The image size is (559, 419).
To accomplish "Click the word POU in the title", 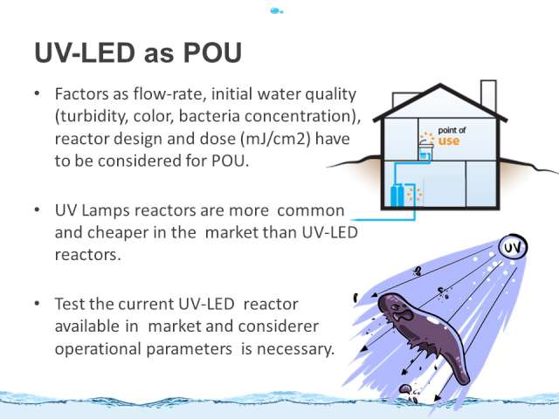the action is point(212,52).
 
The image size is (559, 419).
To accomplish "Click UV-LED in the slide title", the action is point(85,52).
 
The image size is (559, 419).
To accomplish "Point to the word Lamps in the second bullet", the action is point(105,210).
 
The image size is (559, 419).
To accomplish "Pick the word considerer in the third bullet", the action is point(279,326).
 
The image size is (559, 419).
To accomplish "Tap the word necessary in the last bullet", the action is point(295,349).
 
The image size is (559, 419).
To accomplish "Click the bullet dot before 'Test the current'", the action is point(37,304).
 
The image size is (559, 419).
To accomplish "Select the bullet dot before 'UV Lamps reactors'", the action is point(37,210).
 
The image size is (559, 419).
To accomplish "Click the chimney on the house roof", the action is point(488,94).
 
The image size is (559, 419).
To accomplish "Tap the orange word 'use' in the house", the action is point(449,141).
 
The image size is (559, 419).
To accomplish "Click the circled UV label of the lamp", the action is point(513,247).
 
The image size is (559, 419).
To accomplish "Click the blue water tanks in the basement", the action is point(397,196).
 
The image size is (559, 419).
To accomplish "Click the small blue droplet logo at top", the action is point(276,11).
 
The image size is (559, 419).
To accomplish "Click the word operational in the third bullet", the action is point(98,349).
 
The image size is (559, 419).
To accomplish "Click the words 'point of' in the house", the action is point(452,130).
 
